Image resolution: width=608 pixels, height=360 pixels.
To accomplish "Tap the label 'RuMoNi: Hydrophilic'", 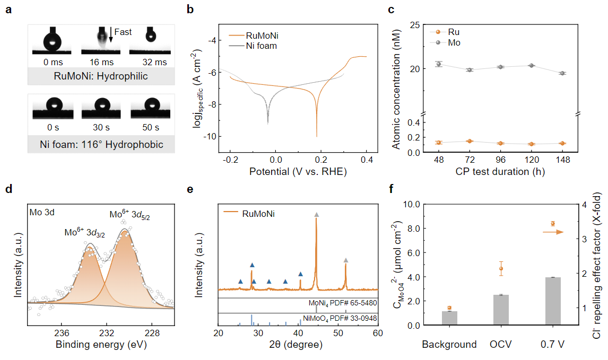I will click(101, 76).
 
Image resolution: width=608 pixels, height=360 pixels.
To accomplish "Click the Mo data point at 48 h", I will click(438, 64).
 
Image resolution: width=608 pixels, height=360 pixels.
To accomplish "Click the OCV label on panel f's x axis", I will click(501, 345).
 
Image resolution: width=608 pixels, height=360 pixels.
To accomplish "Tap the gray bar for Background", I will click(449, 318).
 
